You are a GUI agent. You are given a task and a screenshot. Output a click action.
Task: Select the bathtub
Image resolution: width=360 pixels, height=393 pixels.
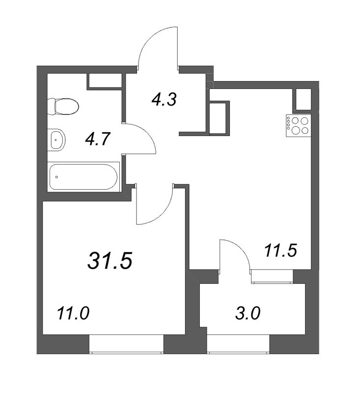point(83,177)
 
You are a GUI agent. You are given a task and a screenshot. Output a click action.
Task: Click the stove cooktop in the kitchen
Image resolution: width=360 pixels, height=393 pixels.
point(299,126)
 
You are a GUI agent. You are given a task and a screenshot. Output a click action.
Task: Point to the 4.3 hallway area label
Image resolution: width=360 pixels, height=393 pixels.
point(165,99)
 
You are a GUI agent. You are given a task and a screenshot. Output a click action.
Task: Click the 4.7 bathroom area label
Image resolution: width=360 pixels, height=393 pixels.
point(98,139)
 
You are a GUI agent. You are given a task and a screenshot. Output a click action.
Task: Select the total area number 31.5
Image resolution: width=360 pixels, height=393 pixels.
point(110,260)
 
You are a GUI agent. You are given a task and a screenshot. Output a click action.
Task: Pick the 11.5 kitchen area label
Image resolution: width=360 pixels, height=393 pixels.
point(281,251)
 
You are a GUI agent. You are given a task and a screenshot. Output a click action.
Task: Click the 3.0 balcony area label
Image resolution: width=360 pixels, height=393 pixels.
point(248,313)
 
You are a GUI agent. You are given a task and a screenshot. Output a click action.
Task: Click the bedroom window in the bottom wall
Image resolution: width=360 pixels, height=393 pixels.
point(127,344)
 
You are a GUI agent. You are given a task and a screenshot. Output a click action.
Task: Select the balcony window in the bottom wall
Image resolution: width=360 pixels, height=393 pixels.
point(238,344)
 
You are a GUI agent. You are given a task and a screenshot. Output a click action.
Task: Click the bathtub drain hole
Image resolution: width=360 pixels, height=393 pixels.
point(57,177)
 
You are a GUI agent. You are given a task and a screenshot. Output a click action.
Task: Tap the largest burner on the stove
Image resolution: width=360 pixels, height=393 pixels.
point(295,130)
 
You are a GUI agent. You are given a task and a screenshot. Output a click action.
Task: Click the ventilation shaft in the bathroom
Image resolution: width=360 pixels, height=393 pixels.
point(105,81)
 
